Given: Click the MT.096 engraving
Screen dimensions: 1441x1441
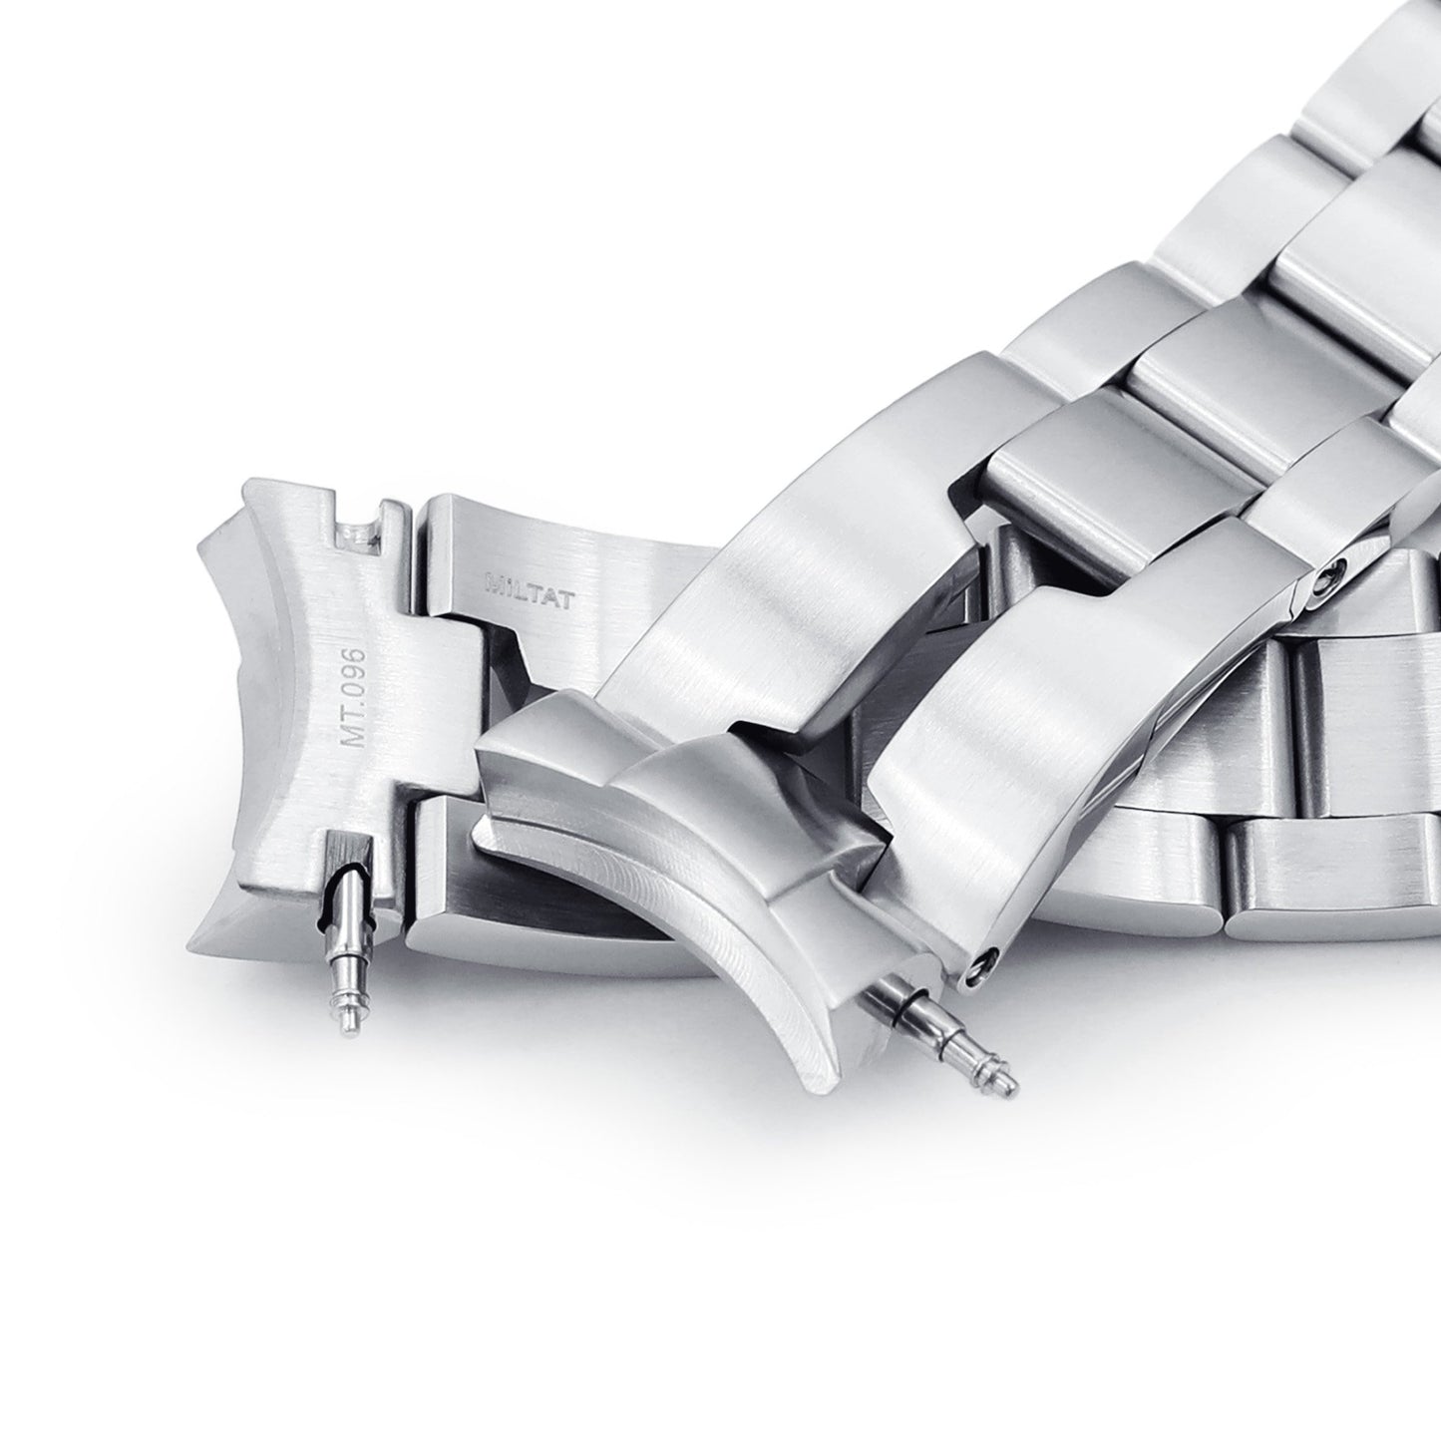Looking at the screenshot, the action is click(353, 700).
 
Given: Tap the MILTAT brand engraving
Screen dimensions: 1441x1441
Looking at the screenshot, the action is click(528, 603).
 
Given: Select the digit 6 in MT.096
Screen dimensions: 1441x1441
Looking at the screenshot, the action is click(354, 657).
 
